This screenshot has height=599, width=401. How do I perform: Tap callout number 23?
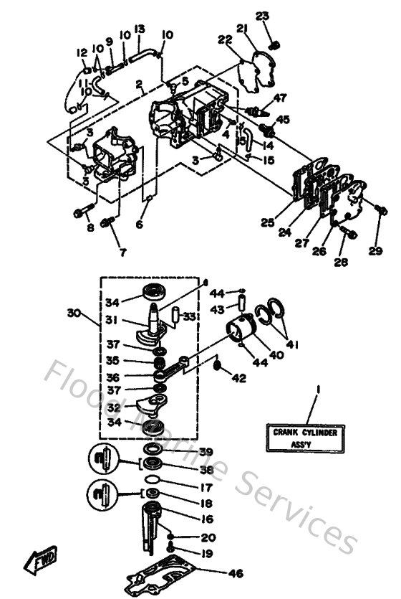[x=262, y=16]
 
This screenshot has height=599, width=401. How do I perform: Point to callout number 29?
[x=376, y=251]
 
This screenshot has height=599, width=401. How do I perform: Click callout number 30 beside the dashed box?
[x=73, y=313]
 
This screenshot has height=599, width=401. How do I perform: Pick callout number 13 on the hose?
[x=139, y=29]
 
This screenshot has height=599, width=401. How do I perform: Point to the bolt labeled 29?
[x=381, y=210]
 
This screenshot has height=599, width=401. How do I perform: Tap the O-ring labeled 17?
[x=153, y=480]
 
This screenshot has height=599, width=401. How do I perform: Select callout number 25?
[x=267, y=223]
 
